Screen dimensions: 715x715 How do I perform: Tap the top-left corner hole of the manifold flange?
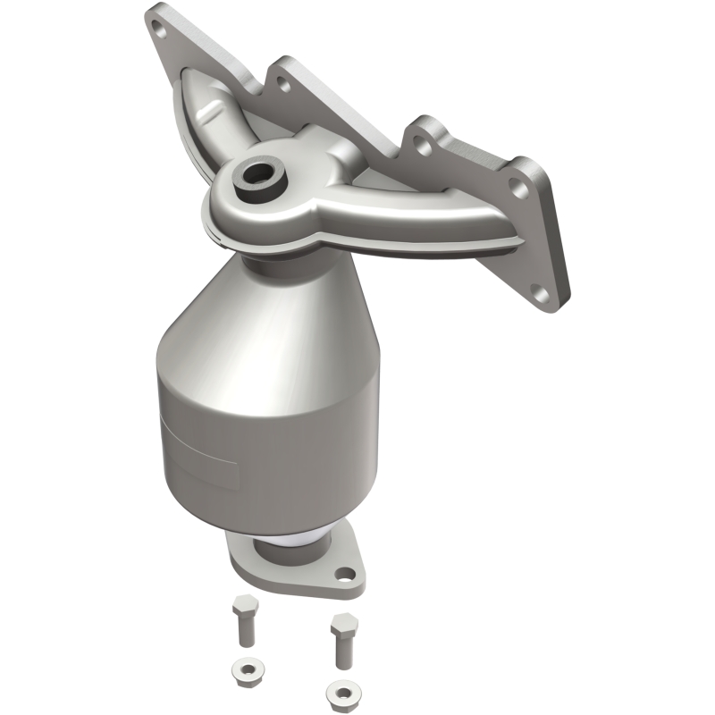(161, 29)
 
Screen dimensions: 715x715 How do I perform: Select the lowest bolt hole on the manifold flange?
(539, 290)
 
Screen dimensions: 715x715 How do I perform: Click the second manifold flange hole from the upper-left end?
(282, 84)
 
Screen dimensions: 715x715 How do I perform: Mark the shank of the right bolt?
(341, 650)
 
